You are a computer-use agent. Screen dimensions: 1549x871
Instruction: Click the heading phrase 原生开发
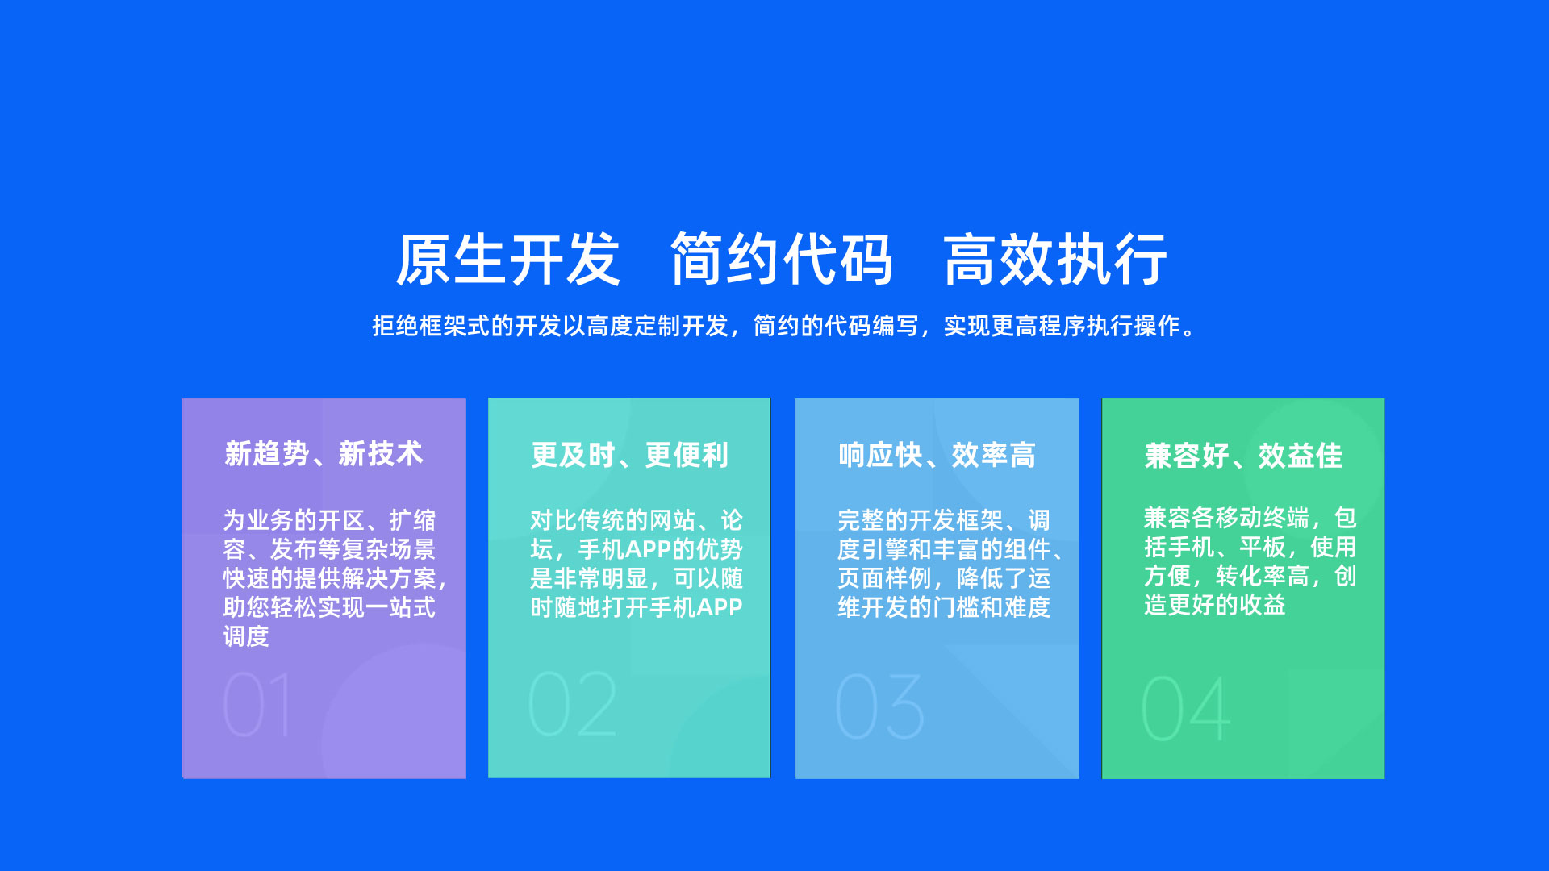(x=507, y=260)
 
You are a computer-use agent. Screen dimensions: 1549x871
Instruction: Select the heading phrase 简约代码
(x=782, y=260)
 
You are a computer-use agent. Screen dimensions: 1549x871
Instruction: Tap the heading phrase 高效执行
(x=1055, y=260)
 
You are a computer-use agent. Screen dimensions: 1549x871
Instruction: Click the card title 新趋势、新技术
(x=324, y=454)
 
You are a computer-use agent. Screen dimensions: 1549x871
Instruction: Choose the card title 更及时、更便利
(x=630, y=456)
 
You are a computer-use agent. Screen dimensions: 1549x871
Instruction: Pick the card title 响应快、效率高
(x=937, y=456)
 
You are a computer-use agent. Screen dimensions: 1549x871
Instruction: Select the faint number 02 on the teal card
(x=573, y=704)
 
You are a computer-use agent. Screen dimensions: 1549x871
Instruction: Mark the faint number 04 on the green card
(x=1186, y=708)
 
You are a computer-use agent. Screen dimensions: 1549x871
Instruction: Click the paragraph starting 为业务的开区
(x=335, y=578)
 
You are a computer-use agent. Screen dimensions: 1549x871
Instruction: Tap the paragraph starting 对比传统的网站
(x=637, y=564)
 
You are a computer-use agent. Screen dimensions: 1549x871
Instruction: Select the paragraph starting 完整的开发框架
(x=951, y=564)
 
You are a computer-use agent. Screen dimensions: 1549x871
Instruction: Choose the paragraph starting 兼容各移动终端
(x=1250, y=561)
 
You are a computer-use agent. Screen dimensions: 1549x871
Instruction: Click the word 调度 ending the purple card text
(x=246, y=636)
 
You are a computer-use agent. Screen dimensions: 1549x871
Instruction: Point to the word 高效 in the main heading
(x=999, y=260)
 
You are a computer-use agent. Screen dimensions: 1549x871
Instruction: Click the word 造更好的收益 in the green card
(x=1214, y=605)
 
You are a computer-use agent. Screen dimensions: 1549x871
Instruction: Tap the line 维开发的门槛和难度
(x=944, y=607)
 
